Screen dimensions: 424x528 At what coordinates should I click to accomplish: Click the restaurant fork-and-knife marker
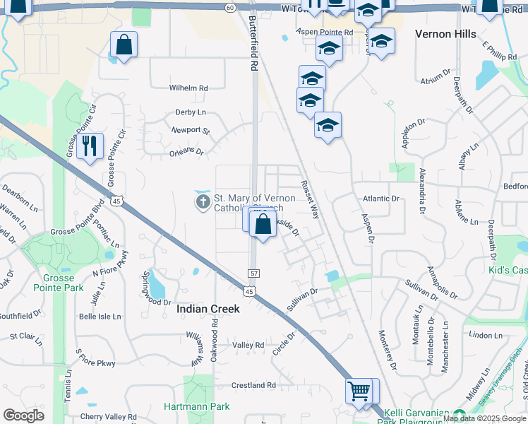coord(90,146)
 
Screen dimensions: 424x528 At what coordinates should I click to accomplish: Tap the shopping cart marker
coord(359,390)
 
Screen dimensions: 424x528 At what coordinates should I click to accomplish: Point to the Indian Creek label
coord(208,309)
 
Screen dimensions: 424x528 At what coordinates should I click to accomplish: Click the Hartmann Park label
coord(197,406)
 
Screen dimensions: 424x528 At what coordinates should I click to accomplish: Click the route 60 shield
coord(231,7)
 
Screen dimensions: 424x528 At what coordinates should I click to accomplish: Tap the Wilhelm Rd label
coord(188,88)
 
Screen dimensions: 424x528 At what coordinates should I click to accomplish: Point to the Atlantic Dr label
coord(380,199)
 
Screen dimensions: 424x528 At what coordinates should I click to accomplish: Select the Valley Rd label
coord(248,345)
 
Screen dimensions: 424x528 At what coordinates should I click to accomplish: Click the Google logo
coord(23,416)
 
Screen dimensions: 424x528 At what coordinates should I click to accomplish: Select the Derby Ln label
coord(191,112)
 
